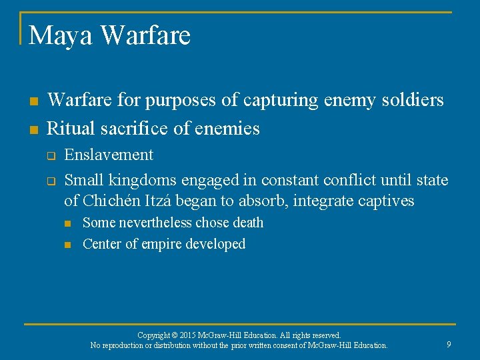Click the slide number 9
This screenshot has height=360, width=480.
coord(449,344)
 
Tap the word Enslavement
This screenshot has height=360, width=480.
coord(109,155)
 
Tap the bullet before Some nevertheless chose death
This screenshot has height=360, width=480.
coord(67,223)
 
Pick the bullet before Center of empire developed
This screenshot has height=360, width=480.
coord(67,245)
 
